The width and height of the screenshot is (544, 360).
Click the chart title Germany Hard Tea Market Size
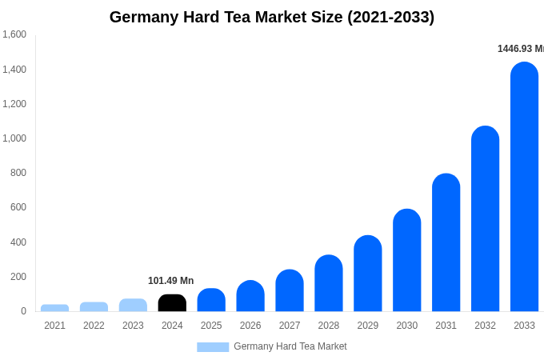point(272,17)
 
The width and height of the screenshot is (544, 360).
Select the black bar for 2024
point(172,304)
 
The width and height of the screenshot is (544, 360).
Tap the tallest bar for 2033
point(524,188)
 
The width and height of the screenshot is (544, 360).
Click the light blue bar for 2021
point(54,308)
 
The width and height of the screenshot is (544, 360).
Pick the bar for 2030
point(406,261)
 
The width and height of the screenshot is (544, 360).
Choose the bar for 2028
point(328,284)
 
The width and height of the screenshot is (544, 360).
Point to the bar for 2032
point(485,220)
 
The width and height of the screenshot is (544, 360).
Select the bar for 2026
point(250,297)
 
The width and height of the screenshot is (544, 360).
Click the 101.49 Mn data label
point(170,281)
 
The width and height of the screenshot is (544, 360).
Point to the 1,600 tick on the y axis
point(14,34)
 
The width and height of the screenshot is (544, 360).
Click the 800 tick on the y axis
point(18,173)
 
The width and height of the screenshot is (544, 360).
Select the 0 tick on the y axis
point(23,311)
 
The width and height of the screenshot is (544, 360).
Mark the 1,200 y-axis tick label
point(14,104)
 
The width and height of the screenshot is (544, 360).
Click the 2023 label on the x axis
point(133,326)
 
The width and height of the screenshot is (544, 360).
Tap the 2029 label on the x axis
point(367,326)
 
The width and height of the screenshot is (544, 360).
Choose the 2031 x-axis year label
point(446,326)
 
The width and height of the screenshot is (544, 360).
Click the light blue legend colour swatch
point(213,347)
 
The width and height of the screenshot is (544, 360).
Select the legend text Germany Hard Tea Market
point(290,346)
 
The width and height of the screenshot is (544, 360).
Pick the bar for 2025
point(211,301)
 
